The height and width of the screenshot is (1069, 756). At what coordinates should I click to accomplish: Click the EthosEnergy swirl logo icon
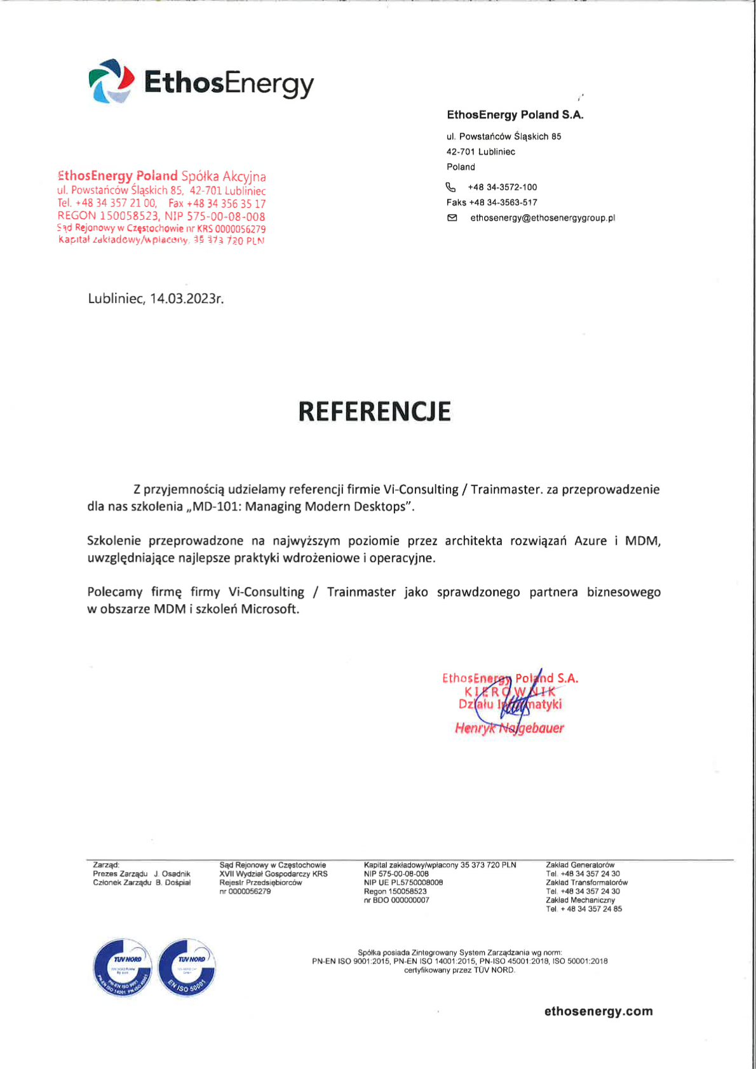pyautogui.click(x=111, y=81)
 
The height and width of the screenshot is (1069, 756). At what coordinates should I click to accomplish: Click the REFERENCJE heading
pyautogui.click(x=374, y=412)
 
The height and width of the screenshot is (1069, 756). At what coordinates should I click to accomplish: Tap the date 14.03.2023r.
pyautogui.click(x=187, y=299)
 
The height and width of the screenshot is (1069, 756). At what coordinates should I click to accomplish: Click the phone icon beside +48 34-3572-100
pyautogui.click(x=451, y=187)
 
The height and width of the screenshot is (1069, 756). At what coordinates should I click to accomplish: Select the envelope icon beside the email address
pyautogui.click(x=452, y=218)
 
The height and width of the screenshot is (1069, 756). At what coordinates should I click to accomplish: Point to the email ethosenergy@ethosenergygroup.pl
pyautogui.click(x=543, y=218)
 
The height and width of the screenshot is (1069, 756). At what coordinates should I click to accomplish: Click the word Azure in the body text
pyautogui.click(x=590, y=541)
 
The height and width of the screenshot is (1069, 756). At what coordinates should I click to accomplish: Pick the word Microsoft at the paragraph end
pyautogui.click(x=269, y=609)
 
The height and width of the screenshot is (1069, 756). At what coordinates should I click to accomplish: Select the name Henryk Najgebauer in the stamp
pyautogui.click(x=510, y=729)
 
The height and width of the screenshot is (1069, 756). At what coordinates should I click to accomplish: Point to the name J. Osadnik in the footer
pyautogui.click(x=172, y=874)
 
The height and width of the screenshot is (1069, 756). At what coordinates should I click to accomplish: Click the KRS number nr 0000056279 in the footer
pyautogui.click(x=245, y=892)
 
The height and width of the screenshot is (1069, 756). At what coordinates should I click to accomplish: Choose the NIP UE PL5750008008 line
pyautogui.click(x=403, y=883)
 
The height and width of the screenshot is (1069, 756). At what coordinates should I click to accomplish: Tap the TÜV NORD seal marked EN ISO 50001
pyautogui.click(x=187, y=967)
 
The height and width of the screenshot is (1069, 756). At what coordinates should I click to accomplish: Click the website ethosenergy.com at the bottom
pyautogui.click(x=598, y=1012)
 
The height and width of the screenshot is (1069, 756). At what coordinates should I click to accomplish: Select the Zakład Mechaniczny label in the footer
pyautogui.click(x=580, y=900)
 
